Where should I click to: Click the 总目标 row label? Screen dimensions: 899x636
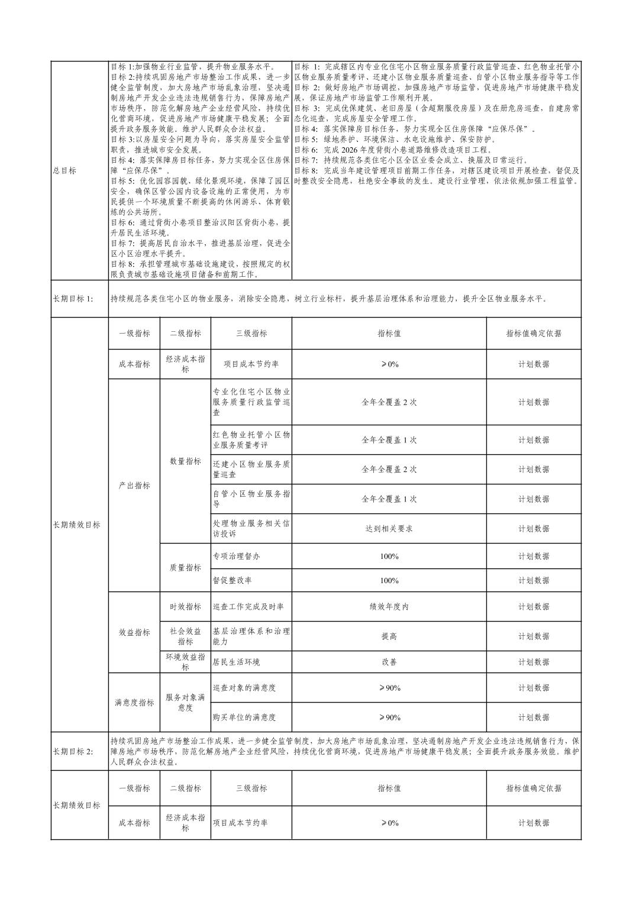(x=64, y=170)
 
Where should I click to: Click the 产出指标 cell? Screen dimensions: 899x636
(x=134, y=486)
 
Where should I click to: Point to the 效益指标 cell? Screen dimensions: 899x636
(x=134, y=632)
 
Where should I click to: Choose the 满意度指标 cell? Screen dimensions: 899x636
(x=134, y=703)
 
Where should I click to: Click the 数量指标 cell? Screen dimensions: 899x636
(x=185, y=461)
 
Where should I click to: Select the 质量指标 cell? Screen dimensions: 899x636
(x=185, y=568)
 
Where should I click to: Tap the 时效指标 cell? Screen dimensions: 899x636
(x=185, y=607)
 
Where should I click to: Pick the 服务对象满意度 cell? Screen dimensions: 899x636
(x=185, y=703)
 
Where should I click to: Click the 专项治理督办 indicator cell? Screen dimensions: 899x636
(x=236, y=557)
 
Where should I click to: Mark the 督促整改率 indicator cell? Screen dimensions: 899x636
(x=232, y=581)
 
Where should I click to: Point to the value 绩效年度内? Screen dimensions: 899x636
(x=389, y=607)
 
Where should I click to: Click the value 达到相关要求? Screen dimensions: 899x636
(x=389, y=529)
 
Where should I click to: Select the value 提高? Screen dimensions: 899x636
(x=389, y=636)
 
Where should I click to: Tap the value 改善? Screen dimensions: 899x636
(x=389, y=662)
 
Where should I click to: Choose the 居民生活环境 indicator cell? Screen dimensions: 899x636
(x=236, y=662)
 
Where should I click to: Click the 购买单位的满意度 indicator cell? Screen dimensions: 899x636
(x=244, y=717)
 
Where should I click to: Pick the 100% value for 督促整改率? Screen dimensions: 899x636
(x=389, y=581)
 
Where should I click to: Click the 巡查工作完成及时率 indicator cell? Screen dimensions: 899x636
(x=248, y=607)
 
